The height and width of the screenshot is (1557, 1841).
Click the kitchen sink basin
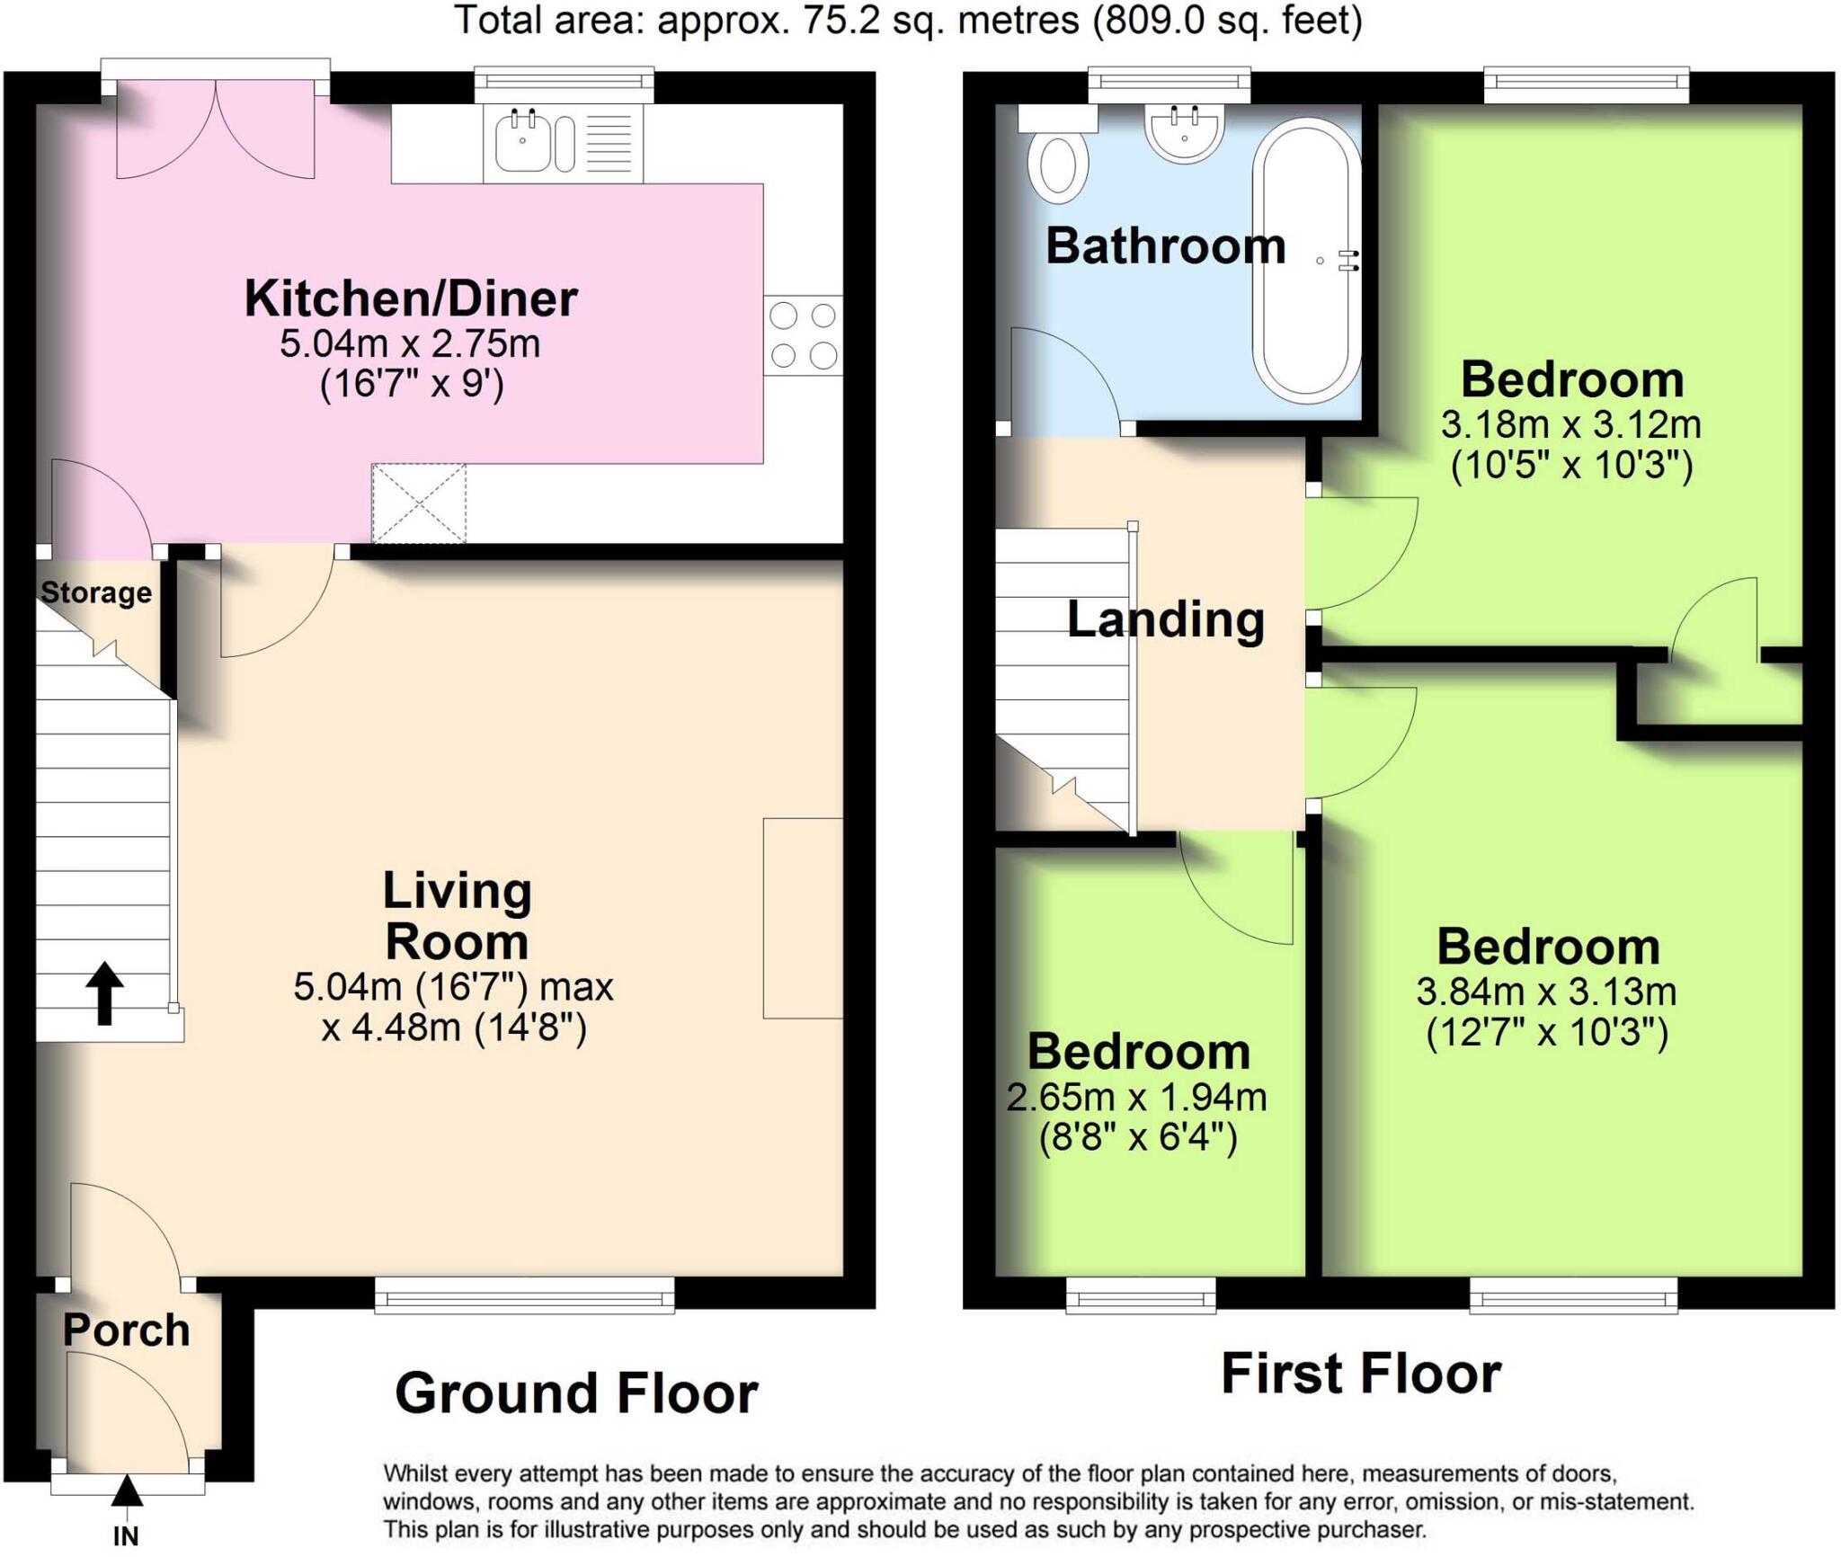pyautogui.click(x=521, y=144)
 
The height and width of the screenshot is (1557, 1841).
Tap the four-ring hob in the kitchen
pyautogui.click(x=803, y=335)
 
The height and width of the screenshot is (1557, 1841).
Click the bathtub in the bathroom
pyautogui.click(x=1306, y=261)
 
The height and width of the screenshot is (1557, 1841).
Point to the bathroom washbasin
pyautogui.click(x=1184, y=135)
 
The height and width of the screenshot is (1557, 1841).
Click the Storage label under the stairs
pyautogui.click(x=96, y=592)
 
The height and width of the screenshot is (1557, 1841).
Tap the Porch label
pyautogui.click(x=127, y=1330)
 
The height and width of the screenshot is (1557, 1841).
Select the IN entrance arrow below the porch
pyautogui.click(x=127, y=1491)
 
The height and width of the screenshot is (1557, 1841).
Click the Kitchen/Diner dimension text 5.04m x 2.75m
pyautogui.click(x=410, y=344)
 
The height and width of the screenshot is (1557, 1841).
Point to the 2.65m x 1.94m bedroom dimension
pyautogui.click(x=1136, y=1098)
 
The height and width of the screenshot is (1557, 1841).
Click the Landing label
pyautogui.click(x=1165, y=619)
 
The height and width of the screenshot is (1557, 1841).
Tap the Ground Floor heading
pyautogui.click(x=576, y=1393)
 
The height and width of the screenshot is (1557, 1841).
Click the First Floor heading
pyautogui.click(x=1360, y=1374)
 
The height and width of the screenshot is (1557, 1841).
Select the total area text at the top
pyautogui.click(x=908, y=20)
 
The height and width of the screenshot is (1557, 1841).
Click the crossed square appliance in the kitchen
pyautogui.click(x=420, y=503)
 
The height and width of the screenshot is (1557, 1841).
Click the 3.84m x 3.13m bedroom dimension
pyautogui.click(x=1546, y=992)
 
